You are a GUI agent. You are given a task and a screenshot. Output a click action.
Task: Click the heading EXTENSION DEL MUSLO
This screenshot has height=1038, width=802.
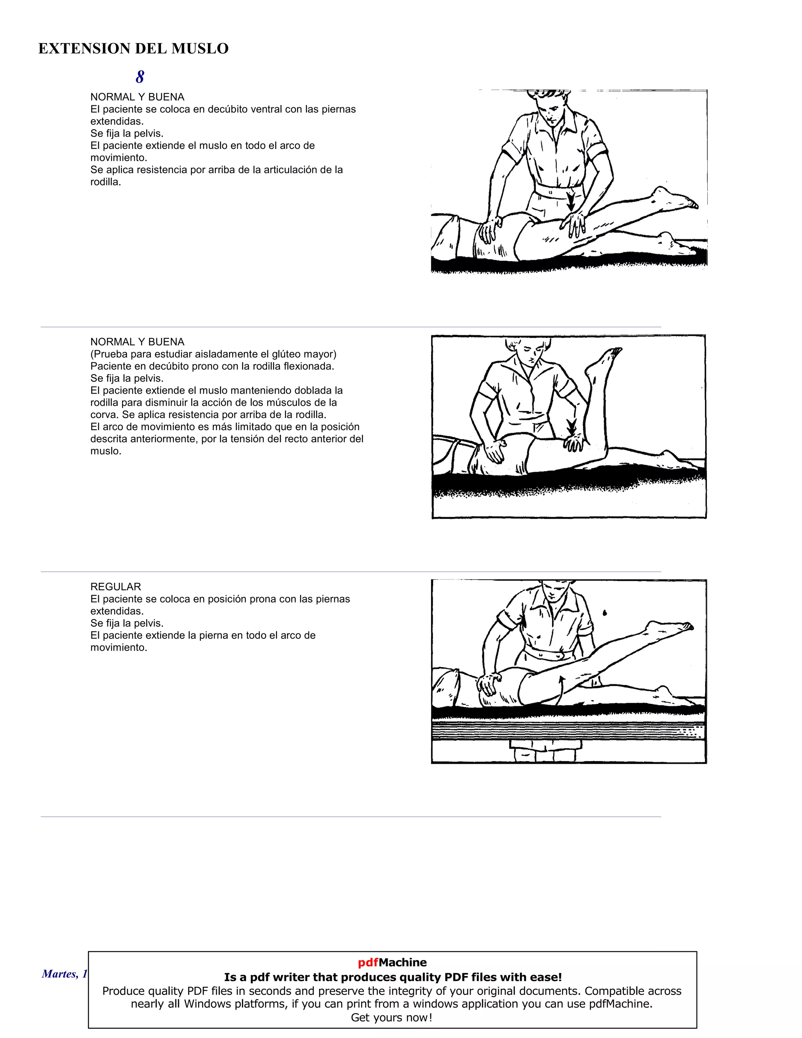click(133, 49)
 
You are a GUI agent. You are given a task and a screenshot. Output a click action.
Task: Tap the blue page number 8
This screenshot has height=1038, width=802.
click(140, 77)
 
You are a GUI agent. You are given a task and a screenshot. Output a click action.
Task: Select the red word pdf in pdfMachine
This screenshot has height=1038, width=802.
click(368, 962)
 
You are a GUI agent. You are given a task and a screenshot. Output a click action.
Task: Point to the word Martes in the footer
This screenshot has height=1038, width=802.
click(58, 974)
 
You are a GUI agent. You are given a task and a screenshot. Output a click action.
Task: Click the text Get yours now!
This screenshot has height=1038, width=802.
click(392, 1018)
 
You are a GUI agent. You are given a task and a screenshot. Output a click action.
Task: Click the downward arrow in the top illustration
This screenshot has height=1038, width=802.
click(571, 202)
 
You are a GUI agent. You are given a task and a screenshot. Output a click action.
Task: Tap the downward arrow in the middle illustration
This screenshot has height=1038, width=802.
click(572, 426)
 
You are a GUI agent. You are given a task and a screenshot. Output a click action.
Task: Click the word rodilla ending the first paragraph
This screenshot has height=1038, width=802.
click(105, 182)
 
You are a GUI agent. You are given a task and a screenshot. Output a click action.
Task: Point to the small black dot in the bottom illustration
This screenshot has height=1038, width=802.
click(604, 613)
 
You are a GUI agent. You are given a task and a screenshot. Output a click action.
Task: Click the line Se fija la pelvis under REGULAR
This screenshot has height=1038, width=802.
click(126, 623)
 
